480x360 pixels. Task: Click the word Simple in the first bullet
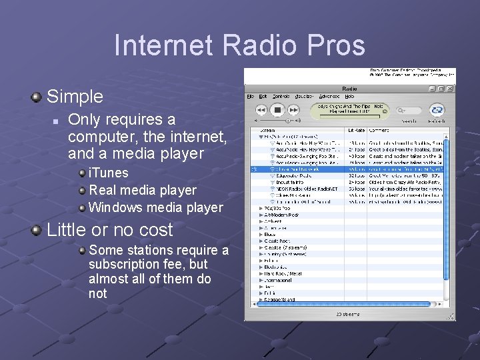(75, 97)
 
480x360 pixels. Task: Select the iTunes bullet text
(108, 173)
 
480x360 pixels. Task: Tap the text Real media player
(142, 190)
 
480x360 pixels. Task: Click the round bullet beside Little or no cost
(35, 231)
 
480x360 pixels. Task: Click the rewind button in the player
(261, 109)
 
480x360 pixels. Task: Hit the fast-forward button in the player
(295, 109)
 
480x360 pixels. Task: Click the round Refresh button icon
(437, 109)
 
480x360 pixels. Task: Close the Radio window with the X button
(451, 88)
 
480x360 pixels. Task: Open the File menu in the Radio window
(251, 97)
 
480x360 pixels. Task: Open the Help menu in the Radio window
(349, 97)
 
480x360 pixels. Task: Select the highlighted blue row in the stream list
(347, 170)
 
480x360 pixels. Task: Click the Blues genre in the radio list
(269, 234)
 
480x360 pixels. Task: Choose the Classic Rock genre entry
(277, 241)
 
